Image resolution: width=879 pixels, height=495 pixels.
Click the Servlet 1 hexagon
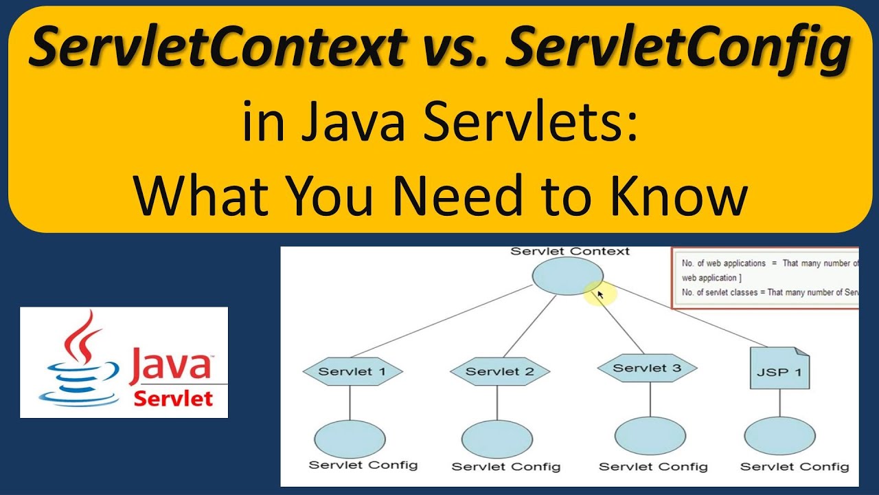click(352, 372)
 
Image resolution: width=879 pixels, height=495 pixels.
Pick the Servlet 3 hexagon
click(647, 368)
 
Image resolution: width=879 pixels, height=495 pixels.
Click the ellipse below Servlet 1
click(350, 438)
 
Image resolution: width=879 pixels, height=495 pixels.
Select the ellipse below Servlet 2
click(496, 439)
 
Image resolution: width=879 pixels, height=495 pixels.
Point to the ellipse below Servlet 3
click(650, 436)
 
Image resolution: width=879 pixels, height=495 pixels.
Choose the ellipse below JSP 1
click(779, 436)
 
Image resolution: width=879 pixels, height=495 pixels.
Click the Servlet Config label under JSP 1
click(795, 467)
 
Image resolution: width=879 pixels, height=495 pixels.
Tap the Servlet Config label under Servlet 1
click(363, 465)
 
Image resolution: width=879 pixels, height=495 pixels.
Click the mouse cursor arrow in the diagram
click(600, 294)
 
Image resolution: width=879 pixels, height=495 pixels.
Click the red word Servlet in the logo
click(173, 398)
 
